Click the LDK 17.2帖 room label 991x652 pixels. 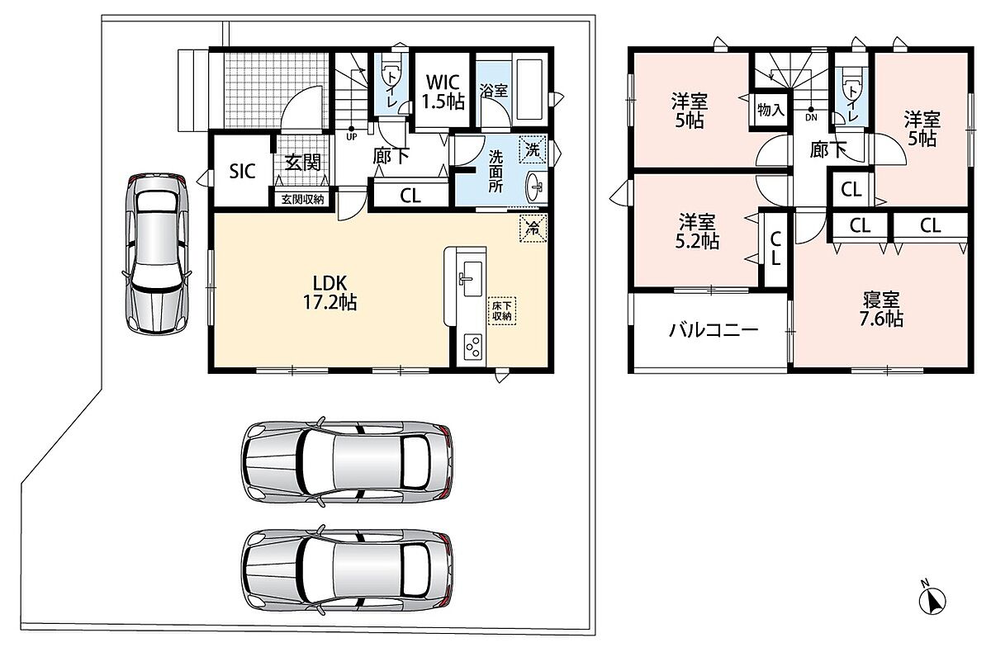point(330,292)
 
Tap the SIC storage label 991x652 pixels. point(243,172)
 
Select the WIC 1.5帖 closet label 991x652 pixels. point(443,92)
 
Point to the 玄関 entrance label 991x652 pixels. point(302,163)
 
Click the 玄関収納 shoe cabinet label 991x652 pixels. point(302,200)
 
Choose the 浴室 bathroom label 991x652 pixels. point(494,91)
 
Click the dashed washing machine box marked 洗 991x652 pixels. point(533,150)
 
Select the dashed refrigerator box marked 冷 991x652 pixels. point(533,228)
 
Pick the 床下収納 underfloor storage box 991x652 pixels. point(502,311)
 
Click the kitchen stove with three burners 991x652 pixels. point(473,347)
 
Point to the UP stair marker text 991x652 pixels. point(352,137)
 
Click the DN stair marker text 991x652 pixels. point(811,117)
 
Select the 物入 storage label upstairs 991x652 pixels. point(771,110)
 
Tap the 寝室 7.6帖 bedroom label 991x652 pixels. point(881,309)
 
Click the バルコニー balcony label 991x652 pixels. point(714,330)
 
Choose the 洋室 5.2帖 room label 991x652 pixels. point(697,231)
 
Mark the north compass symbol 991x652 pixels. point(932,599)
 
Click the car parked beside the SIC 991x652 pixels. point(157,253)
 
